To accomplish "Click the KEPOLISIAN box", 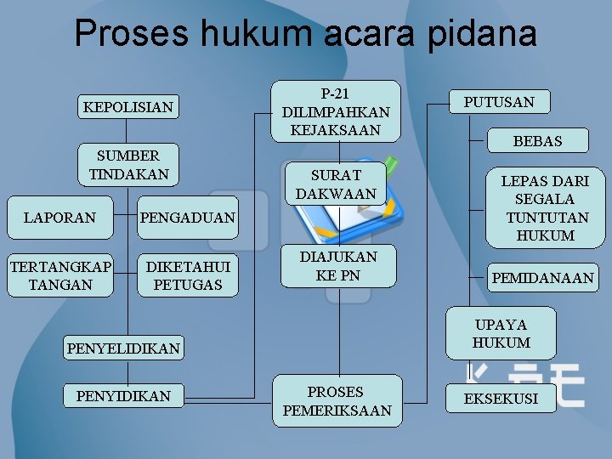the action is point(127,107).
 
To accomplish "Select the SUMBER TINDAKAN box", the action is point(128,165).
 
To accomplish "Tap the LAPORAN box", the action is point(59,218).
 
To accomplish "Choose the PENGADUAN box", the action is point(187,218).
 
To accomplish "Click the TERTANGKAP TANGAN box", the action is point(60,276).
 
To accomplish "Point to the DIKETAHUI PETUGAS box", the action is point(188,276).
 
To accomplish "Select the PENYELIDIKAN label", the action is point(123,348).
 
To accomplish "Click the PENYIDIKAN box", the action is point(123,396).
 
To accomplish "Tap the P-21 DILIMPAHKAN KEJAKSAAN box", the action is point(336,111).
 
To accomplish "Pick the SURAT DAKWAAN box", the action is point(336,184).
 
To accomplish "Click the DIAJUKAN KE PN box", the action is point(337,265).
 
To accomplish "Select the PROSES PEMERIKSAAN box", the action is point(337,401).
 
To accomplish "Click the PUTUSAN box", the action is point(499,102).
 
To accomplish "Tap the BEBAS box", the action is point(537,141).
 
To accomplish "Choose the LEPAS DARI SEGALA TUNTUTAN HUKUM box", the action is point(545,207).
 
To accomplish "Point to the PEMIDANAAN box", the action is point(542,278).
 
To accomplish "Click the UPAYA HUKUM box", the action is point(501,333).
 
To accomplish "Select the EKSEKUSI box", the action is point(501,398).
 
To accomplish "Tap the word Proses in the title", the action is point(133,34).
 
